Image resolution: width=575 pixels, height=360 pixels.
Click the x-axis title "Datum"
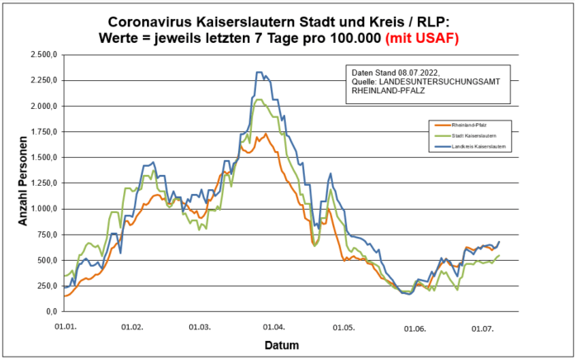(283, 344)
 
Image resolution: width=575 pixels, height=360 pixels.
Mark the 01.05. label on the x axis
(345, 328)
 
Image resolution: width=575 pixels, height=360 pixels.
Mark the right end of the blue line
(499, 241)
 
